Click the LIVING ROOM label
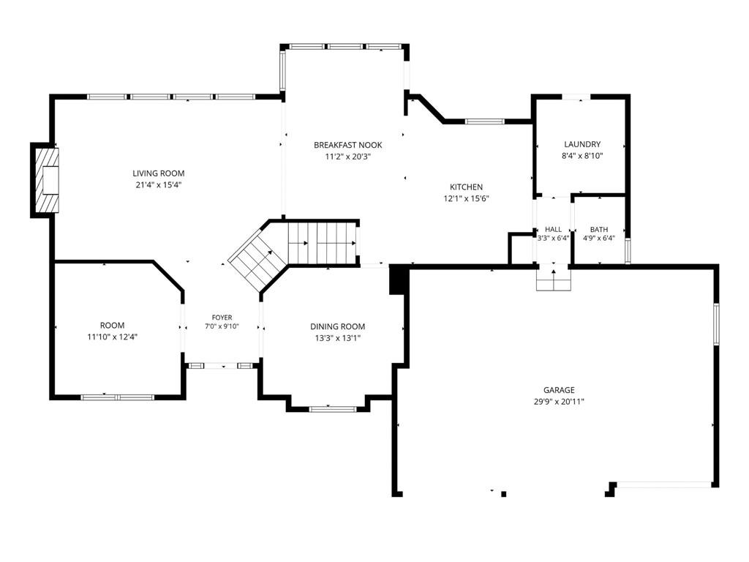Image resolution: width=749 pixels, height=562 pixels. pos(159,173)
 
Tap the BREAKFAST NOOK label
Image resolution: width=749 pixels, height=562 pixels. pos(347,145)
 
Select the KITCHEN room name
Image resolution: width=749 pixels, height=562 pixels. pos(466,187)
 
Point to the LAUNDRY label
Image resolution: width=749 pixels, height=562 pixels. pos(582,144)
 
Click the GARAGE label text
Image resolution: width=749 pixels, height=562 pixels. pos(559,390)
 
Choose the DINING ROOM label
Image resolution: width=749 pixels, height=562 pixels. pos(338,326)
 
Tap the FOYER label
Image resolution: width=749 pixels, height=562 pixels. pos(222,318)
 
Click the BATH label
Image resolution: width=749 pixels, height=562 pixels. pos(599,229)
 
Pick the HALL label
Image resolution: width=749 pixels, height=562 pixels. pos(553,229)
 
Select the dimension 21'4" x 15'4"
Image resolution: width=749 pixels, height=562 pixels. pos(159,185)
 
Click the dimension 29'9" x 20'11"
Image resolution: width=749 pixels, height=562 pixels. pos(559,402)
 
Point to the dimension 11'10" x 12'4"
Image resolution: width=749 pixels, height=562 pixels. pos(112,337)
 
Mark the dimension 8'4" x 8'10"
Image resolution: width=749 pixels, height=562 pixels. pos(582,155)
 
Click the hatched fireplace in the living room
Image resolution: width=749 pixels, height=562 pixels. pos(47,180)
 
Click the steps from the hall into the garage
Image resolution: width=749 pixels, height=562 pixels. pos(554,280)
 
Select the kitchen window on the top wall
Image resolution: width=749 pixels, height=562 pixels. pos(484,121)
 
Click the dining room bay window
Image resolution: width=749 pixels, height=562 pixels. pos(333,409)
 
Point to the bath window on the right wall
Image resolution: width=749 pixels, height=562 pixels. pos(628,250)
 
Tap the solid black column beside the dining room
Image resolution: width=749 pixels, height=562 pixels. pos(398,280)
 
